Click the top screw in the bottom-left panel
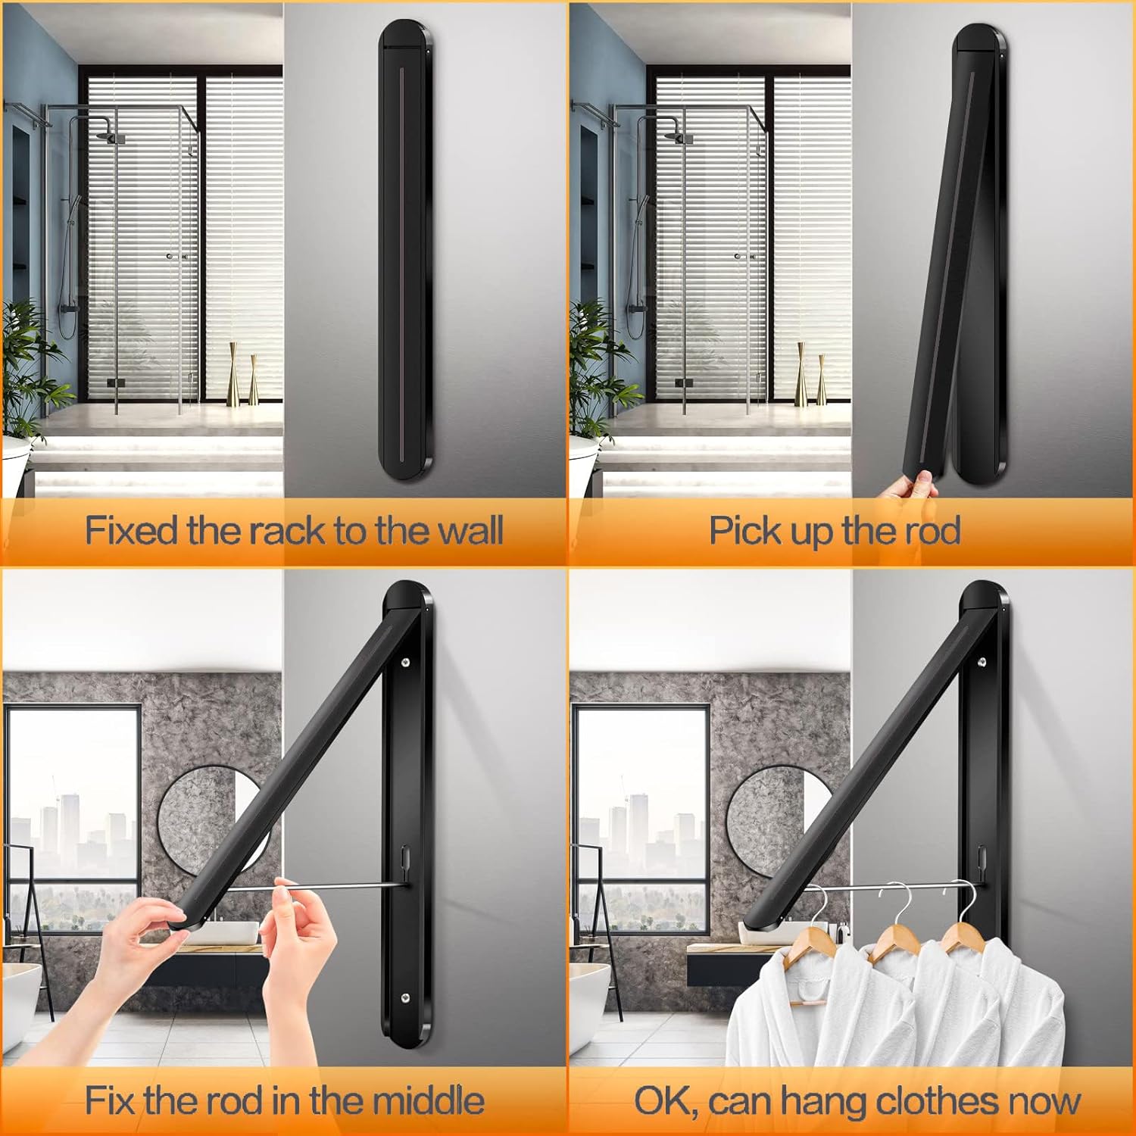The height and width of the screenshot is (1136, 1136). (x=407, y=663)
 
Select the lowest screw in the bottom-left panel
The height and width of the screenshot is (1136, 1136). (x=405, y=998)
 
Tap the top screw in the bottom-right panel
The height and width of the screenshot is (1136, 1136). (x=982, y=663)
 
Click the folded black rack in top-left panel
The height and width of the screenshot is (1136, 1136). (x=407, y=251)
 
